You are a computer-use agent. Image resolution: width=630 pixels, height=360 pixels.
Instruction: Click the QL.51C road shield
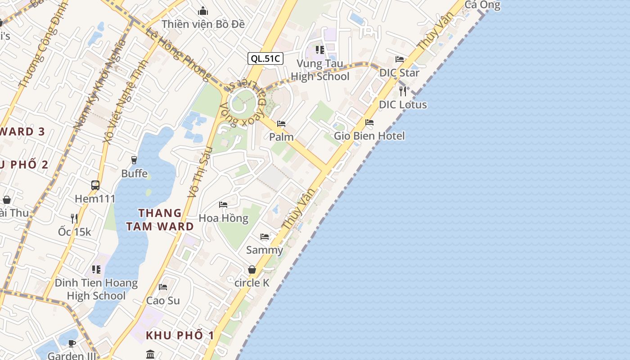click(x=265, y=58)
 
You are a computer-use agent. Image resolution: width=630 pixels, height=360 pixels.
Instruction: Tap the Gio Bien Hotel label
click(x=369, y=136)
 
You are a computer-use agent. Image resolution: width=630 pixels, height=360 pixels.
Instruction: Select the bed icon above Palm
click(x=281, y=123)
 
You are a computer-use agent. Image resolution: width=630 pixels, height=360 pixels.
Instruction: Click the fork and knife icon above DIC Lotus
click(x=403, y=91)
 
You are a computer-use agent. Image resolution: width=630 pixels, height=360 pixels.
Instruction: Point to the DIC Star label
click(x=399, y=73)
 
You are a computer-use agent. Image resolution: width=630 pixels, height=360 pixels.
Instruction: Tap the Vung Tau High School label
click(x=320, y=70)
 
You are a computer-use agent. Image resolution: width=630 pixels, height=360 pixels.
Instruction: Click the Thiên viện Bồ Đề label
click(x=203, y=24)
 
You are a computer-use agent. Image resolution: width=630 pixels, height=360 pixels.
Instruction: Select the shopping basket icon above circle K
click(x=252, y=270)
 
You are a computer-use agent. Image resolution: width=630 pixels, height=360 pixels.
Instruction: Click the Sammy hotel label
click(x=265, y=250)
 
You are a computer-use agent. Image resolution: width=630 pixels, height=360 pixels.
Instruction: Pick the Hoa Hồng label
click(x=223, y=218)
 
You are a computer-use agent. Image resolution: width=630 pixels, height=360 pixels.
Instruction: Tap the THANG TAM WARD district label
click(x=160, y=220)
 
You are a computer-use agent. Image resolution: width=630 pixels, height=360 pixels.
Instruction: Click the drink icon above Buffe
click(x=134, y=160)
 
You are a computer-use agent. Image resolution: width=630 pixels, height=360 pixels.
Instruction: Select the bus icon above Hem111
click(x=95, y=185)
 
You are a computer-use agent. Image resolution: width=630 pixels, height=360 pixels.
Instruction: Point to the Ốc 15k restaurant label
click(x=74, y=232)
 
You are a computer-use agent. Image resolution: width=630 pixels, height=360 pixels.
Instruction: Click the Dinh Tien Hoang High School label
click(x=96, y=289)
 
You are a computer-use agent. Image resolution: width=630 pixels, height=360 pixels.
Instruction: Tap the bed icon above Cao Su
click(x=163, y=287)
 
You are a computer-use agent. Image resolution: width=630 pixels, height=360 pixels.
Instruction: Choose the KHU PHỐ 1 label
click(x=180, y=336)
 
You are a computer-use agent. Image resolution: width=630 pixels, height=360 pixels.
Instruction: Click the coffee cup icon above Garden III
click(x=72, y=343)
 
